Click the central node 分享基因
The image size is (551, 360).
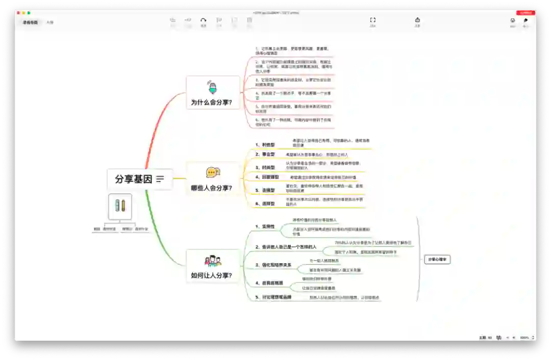pyautogui.click(x=134, y=179)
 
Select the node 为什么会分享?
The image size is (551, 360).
pyautogui.click(x=211, y=102)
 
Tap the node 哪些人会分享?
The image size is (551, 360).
pyautogui.click(x=211, y=188)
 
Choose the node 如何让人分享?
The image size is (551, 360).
pyautogui.click(x=211, y=275)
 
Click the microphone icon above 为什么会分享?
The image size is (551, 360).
pyautogui.click(x=212, y=87)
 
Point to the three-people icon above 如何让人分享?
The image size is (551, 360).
pyautogui.click(x=213, y=261)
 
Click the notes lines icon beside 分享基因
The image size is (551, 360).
pyautogui.click(x=160, y=179)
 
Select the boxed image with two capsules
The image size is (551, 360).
pyautogui.click(x=120, y=207)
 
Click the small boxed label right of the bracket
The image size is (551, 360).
pyautogui.click(x=437, y=260)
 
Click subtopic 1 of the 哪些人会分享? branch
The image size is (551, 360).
pyautogui.click(x=265, y=145)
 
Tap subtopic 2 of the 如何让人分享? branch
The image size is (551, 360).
pyautogui.click(x=286, y=247)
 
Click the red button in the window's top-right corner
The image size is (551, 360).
pyautogui.click(x=525, y=13)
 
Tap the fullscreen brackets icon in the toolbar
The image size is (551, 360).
pyautogui.click(x=372, y=20)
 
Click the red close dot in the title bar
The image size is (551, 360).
pyautogui.click(x=17, y=13)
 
